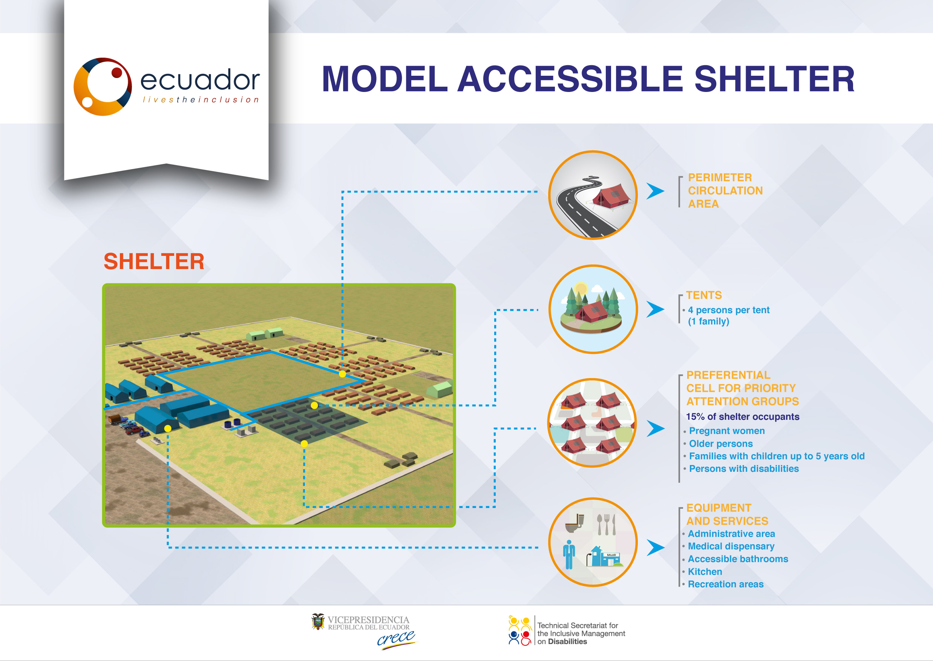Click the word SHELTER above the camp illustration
[154, 261]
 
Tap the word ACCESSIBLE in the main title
[570, 79]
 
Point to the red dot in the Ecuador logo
[117, 72]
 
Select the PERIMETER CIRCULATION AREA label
[725, 190]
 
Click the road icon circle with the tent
[593, 195]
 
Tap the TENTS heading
[704, 295]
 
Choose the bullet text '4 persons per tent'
[729, 310]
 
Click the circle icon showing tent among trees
[593, 309]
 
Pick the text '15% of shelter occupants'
[743, 416]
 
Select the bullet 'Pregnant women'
[727, 431]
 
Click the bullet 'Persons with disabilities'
[744, 468]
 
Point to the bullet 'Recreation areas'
[725, 584]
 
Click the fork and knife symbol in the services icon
[606, 524]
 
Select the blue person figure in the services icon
[569, 554]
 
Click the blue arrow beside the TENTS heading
[656, 309]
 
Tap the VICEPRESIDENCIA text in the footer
[368, 620]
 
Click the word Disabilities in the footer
[567, 641]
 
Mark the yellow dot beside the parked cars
[168, 428]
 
